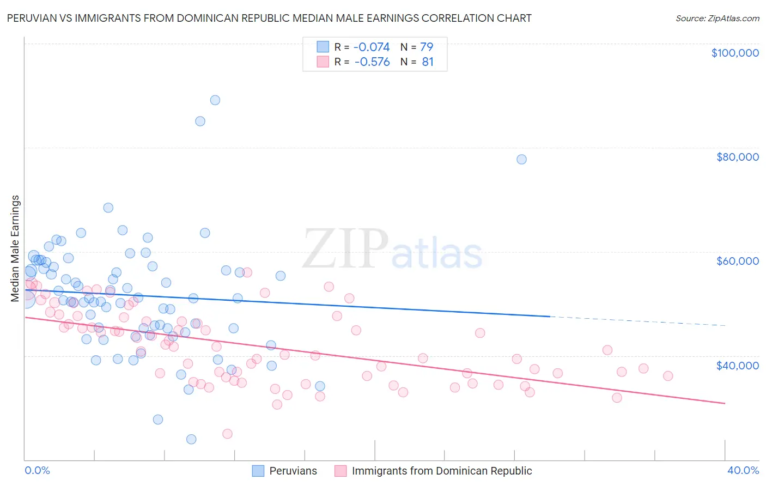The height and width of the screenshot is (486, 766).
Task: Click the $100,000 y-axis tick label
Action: (x=734, y=53)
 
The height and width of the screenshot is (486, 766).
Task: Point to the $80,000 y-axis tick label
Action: (x=737, y=157)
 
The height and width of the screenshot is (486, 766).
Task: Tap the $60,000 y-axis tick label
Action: (x=737, y=261)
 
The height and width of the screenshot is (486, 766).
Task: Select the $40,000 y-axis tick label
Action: (x=737, y=365)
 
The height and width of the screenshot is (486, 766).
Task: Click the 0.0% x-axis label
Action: (x=37, y=470)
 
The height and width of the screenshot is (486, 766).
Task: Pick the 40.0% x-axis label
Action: (x=743, y=470)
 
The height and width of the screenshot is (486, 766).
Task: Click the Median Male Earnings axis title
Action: (x=15, y=248)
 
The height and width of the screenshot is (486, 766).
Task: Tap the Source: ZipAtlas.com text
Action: (x=717, y=18)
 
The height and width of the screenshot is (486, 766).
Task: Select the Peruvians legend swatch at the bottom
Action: (x=258, y=471)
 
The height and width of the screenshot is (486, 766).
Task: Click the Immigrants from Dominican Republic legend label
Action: (x=442, y=471)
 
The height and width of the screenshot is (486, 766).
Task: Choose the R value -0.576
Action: (x=372, y=62)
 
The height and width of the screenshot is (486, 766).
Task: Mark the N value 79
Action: (x=427, y=47)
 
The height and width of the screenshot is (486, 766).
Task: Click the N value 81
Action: (x=428, y=62)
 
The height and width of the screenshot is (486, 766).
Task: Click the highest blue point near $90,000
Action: (x=215, y=100)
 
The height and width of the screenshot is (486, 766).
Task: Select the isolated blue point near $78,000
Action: (x=521, y=160)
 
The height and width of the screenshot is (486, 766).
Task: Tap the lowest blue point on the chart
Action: (x=191, y=439)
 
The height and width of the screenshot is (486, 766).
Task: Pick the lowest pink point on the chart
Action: (x=227, y=434)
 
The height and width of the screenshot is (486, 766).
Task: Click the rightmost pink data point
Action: (x=668, y=376)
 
